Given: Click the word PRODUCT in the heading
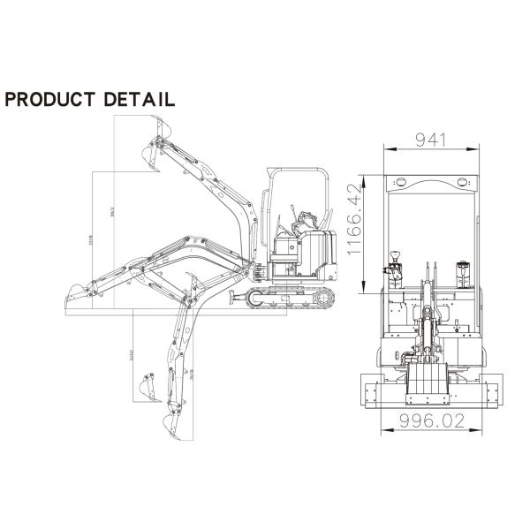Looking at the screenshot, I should [51, 98].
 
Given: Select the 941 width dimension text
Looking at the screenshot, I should [432, 140].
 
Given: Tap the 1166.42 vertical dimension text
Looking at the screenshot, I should [355, 221].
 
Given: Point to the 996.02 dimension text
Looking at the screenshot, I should [433, 421].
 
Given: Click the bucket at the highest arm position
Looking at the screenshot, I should [154, 155].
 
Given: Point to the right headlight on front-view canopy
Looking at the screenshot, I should [461, 182].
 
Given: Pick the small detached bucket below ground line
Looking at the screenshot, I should [147, 387].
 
